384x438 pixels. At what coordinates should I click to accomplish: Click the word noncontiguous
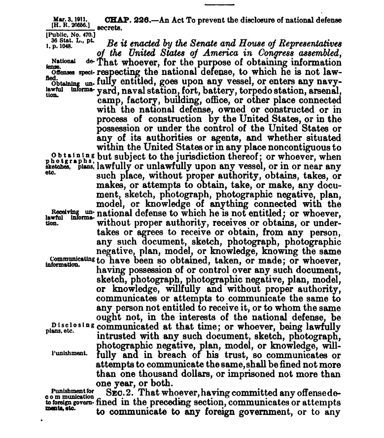pyautogui.click(x=294, y=147)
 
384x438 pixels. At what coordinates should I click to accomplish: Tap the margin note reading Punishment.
pyautogui.click(x=70, y=354)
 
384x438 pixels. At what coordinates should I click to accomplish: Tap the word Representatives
pyautogui.click(x=300, y=43)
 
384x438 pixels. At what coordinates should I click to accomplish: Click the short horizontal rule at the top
pyautogui.click(x=219, y=3)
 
